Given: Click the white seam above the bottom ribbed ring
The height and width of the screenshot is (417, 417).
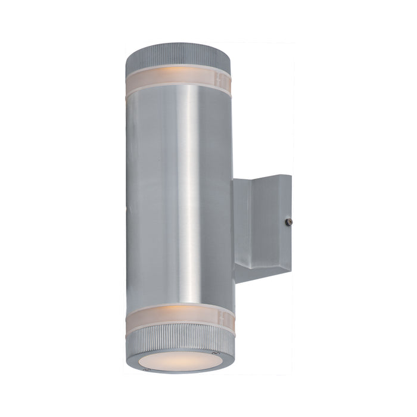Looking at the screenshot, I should pyautogui.click(x=179, y=326).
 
